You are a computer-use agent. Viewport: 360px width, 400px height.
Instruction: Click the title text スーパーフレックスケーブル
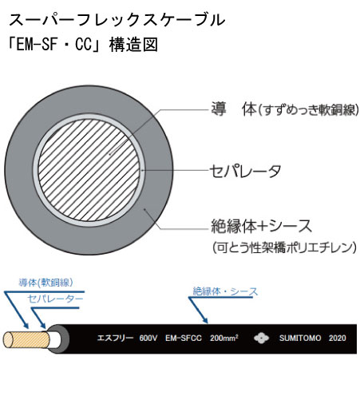[x=117, y=20]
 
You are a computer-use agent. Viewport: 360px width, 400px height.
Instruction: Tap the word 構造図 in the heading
[x=133, y=44]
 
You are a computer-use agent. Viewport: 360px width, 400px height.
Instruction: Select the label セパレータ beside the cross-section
[x=245, y=171]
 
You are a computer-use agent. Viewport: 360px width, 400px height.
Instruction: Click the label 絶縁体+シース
[x=261, y=226]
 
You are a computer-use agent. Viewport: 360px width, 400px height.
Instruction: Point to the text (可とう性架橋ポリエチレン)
[x=284, y=248]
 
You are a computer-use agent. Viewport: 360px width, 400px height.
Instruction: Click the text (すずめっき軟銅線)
[x=309, y=110]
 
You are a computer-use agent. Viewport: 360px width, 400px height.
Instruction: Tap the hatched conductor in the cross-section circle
[x=89, y=170]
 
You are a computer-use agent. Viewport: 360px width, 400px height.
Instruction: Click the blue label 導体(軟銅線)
[x=45, y=283]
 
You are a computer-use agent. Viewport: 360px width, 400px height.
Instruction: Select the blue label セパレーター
[x=55, y=299]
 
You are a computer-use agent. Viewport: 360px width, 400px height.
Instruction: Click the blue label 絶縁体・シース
[x=225, y=291]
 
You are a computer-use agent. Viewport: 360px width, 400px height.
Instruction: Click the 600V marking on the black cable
[x=148, y=338]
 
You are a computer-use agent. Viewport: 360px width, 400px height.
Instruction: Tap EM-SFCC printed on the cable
[x=184, y=338]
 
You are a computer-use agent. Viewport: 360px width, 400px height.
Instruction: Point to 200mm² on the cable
[x=224, y=338]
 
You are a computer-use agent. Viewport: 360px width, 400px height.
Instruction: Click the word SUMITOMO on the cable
[x=300, y=338]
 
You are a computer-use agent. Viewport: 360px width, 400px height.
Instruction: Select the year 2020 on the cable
[x=338, y=338]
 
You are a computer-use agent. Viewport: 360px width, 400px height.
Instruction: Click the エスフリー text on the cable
[x=115, y=338]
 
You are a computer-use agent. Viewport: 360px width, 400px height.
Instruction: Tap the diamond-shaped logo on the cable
[x=261, y=338]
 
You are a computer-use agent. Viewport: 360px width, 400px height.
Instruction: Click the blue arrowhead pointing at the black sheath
[x=205, y=320]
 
